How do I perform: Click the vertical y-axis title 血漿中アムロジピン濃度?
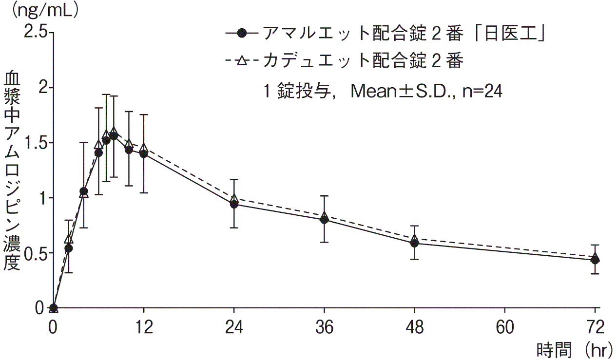click(12, 171)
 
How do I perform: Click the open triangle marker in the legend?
click(242, 61)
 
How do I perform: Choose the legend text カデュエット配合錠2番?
click(362, 61)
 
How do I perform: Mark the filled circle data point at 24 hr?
click(234, 204)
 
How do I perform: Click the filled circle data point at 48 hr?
click(414, 243)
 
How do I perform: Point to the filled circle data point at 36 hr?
click(324, 220)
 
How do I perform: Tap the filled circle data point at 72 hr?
click(595, 260)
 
